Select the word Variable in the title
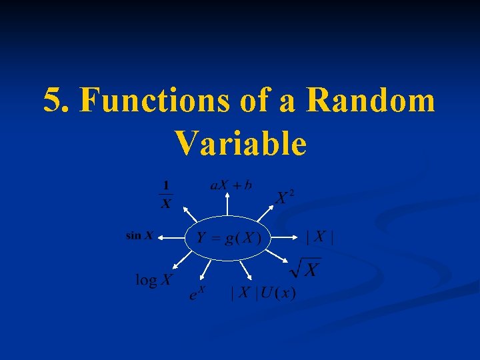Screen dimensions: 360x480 (x=240, y=143)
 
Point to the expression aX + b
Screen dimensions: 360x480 (x=231, y=185)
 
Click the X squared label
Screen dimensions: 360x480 (x=285, y=197)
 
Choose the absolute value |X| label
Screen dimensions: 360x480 (x=319, y=237)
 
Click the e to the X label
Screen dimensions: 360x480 (x=197, y=292)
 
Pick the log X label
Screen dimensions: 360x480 (x=153, y=279)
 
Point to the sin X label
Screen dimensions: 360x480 (x=140, y=235)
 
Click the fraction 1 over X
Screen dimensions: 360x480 (x=166, y=194)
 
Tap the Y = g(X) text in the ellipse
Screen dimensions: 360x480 (x=229, y=238)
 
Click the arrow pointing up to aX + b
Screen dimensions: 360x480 (x=229, y=203)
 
